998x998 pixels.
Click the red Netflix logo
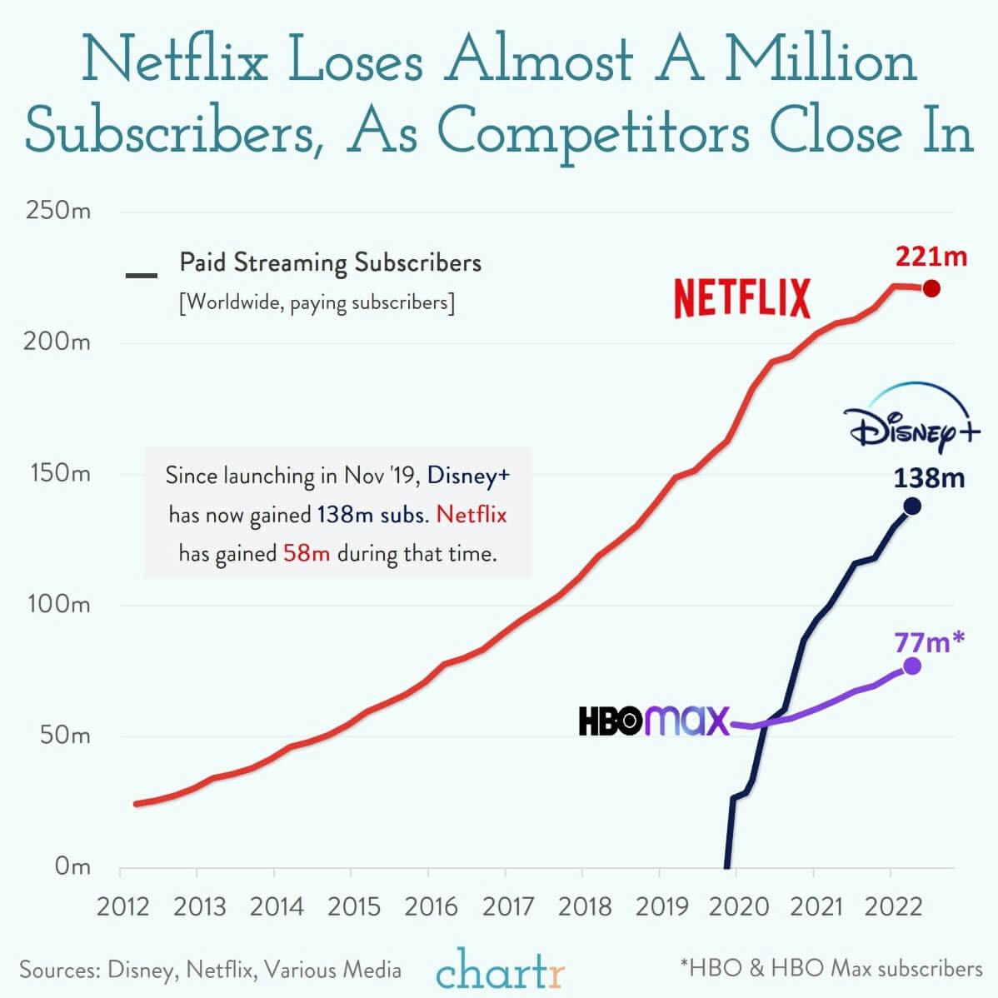click(741, 299)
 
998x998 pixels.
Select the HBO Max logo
click(654, 721)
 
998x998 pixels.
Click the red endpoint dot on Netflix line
click(931, 289)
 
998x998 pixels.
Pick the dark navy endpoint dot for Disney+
click(912, 506)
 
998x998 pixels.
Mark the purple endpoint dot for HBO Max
click(912, 666)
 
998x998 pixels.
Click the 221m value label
click(931, 257)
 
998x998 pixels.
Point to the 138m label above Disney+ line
click(929, 477)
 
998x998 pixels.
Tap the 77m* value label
click(930, 642)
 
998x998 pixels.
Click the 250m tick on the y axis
click(57, 210)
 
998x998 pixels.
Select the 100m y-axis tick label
click(57, 604)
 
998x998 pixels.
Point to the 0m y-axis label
click(72, 866)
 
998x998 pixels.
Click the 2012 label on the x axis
click(122, 906)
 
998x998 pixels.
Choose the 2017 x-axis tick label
click(508, 906)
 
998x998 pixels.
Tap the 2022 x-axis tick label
click(894, 906)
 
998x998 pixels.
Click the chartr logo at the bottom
click(500, 968)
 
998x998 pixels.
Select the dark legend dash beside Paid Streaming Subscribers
click(141, 275)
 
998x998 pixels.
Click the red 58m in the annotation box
click(307, 553)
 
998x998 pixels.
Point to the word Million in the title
click(821, 61)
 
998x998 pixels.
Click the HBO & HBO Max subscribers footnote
click(831, 969)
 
